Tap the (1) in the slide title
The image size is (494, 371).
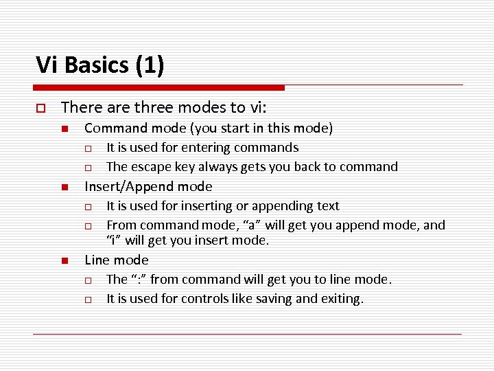[150, 65]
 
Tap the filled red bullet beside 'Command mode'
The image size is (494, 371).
[64, 129]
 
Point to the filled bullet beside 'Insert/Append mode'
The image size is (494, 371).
[64, 188]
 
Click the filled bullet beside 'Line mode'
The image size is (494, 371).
[64, 261]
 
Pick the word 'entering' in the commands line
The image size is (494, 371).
[208, 148]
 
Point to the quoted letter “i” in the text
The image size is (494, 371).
[113, 240]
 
